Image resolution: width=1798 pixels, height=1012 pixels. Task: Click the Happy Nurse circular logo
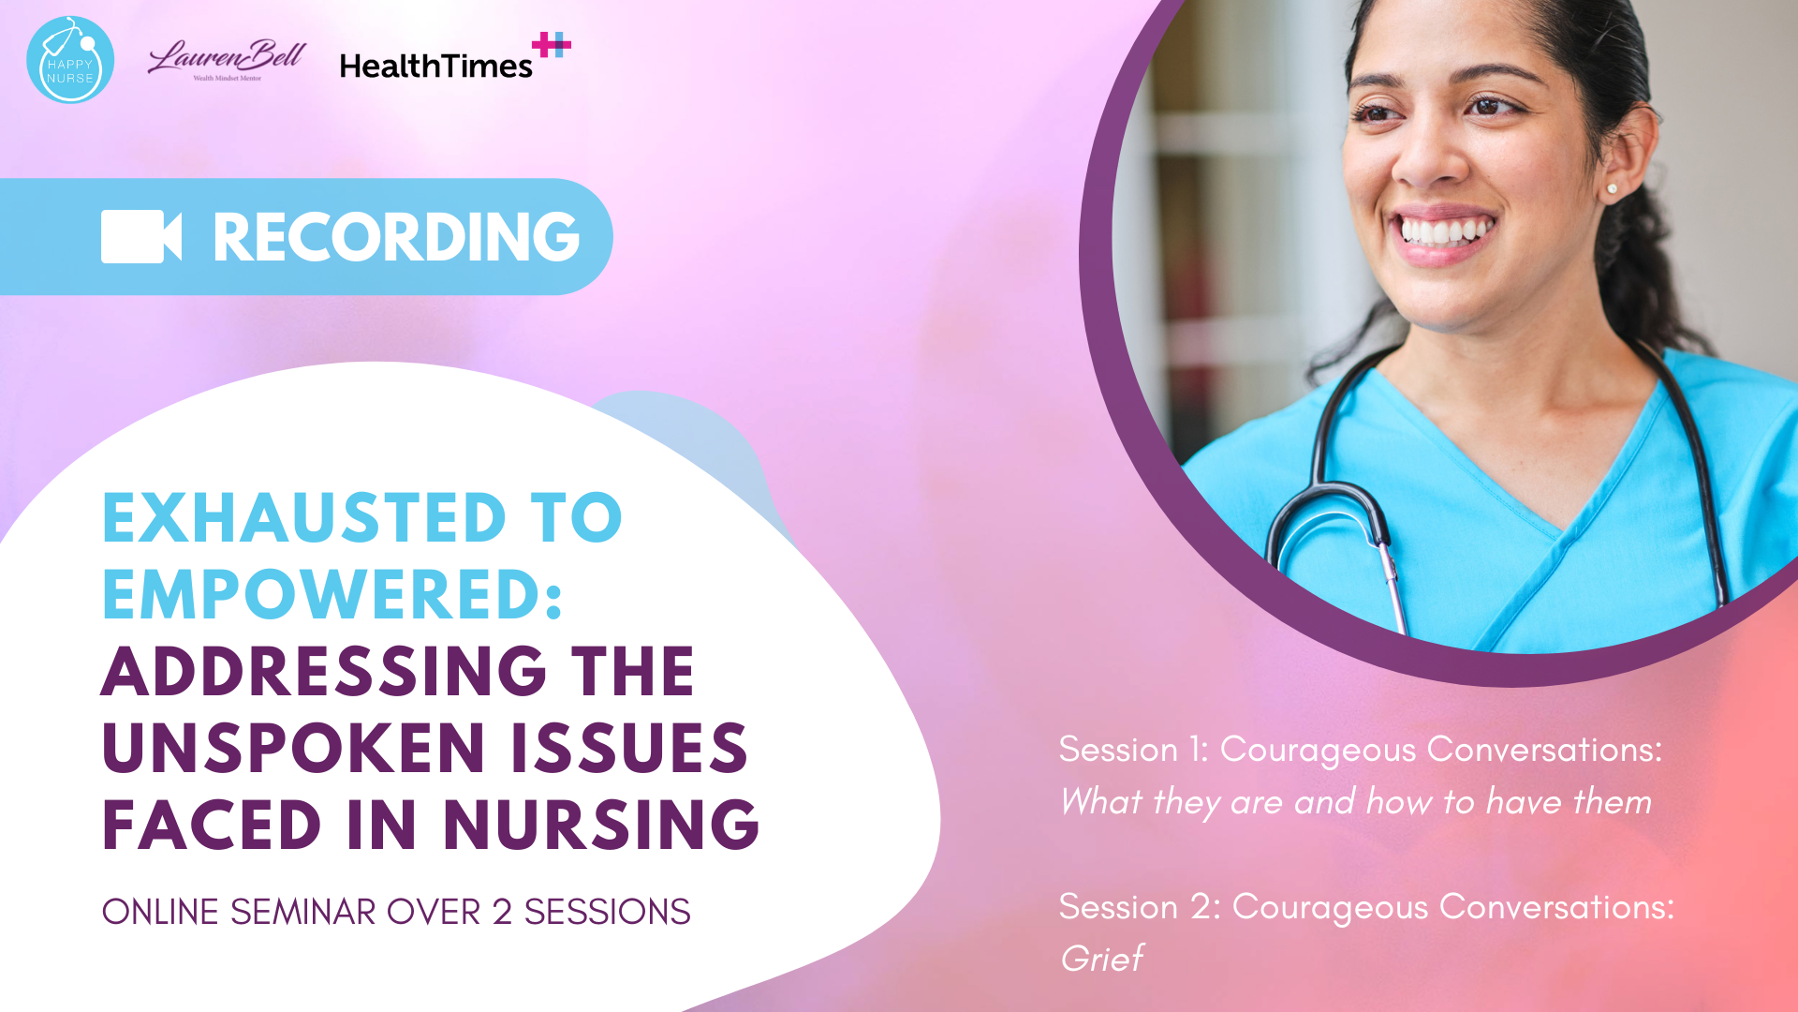[x=70, y=59]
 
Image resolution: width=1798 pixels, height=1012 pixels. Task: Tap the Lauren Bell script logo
[x=227, y=60]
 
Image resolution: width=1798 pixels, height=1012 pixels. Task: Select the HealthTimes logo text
[x=435, y=66]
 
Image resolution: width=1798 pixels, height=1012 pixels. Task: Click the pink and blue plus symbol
[x=552, y=44]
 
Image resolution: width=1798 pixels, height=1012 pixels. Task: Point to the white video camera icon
[x=141, y=236]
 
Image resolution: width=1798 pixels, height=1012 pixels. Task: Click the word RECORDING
[x=396, y=236]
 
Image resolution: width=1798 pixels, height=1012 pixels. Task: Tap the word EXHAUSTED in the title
[x=304, y=517]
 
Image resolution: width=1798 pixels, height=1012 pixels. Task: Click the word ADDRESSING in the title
[x=324, y=671]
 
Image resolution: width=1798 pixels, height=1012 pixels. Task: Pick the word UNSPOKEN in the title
[x=293, y=748]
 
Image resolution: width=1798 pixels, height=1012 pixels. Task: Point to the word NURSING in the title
[x=601, y=825]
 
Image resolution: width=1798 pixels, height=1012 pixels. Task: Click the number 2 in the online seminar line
[x=502, y=912]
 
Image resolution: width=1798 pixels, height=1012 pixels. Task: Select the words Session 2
[x=1140, y=907]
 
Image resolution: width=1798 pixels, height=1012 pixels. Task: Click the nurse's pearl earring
[x=1612, y=189]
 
